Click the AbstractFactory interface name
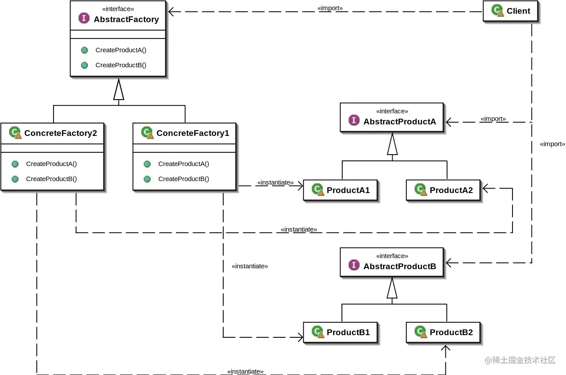(x=126, y=19)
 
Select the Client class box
(x=511, y=11)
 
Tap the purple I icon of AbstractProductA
(x=354, y=120)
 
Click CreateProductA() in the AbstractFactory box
(x=121, y=50)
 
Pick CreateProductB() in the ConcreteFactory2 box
(x=51, y=179)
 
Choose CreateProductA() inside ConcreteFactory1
(x=184, y=164)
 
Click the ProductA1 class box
(x=340, y=190)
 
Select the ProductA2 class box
(x=444, y=190)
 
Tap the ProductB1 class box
(x=340, y=332)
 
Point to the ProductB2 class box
(x=444, y=332)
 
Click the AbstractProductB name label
(x=400, y=266)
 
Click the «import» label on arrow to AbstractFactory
(x=330, y=8)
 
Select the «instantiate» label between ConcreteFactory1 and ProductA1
(x=275, y=182)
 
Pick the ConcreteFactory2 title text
(x=61, y=133)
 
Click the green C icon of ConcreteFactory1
(x=147, y=132)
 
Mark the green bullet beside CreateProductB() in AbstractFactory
(x=84, y=65)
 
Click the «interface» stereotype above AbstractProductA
(x=392, y=111)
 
